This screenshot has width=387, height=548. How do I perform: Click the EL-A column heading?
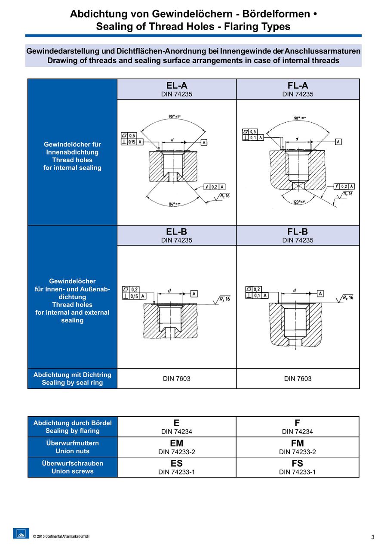pyautogui.click(x=177, y=86)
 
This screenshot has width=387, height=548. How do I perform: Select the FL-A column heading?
pyautogui.click(x=298, y=86)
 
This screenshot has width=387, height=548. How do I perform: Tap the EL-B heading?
pyautogui.click(x=177, y=232)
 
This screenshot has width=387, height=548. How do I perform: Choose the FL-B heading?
pyautogui.click(x=298, y=232)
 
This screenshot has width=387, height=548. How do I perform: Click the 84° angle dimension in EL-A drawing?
pyautogui.click(x=175, y=204)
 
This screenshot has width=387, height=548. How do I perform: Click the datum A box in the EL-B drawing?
pyautogui.click(x=194, y=294)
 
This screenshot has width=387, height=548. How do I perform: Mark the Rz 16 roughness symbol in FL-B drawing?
pyautogui.click(x=347, y=298)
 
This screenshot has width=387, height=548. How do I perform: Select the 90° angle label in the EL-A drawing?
pyautogui.click(x=174, y=117)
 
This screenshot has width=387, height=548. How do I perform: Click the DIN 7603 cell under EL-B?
pyautogui.click(x=177, y=379)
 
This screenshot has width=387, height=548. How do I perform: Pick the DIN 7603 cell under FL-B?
pyautogui.click(x=298, y=379)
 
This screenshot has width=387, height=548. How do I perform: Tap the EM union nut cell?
pyautogui.click(x=177, y=447)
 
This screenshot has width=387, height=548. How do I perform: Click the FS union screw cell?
pyautogui.click(x=297, y=467)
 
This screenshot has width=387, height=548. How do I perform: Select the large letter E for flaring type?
pyautogui.click(x=177, y=423)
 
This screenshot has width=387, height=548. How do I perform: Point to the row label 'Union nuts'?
pyautogui.click(x=72, y=451)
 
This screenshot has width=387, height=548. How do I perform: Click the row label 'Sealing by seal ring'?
pyautogui.click(x=72, y=383)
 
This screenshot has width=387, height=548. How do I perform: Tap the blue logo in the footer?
pyautogui.click(x=21, y=533)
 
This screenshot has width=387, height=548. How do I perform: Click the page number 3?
pyautogui.click(x=373, y=537)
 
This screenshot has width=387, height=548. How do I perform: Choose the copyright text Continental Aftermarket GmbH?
pyautogui.click(x=61, y=536)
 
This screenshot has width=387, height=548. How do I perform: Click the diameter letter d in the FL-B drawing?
pyautogui.click(x=295, y=291)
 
